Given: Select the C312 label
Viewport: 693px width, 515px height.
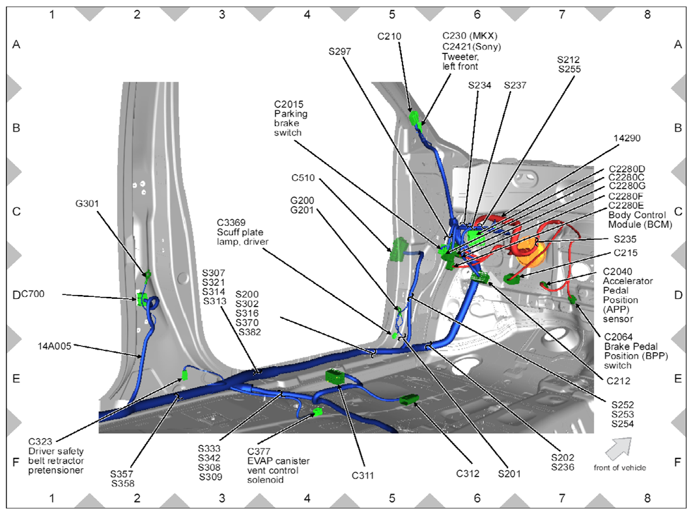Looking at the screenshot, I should [467, 473].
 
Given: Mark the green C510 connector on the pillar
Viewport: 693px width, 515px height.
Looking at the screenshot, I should [399, 248].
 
